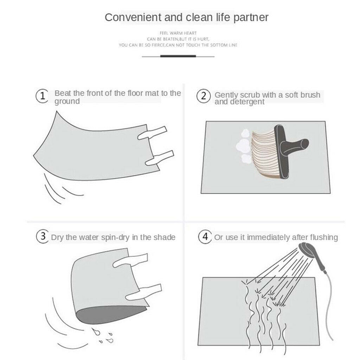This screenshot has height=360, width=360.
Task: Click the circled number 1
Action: pos(42,96)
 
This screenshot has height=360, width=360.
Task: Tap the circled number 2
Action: pos(204,96)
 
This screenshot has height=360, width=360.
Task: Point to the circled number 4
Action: pos(205,237)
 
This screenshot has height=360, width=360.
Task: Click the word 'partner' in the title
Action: pos(251,18)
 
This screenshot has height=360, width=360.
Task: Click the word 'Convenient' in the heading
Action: pos(133,18)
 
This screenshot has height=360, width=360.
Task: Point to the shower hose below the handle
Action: pos(329,306)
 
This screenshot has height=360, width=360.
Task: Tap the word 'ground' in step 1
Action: pos(67,102)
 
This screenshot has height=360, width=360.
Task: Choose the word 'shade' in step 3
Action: pos(165,237)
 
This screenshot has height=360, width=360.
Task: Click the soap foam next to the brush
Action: pos(244,146)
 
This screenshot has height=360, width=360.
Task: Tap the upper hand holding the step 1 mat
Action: pos(152,133)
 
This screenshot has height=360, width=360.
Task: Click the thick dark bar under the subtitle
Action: pos(178,56)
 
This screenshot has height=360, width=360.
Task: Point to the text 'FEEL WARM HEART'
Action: pos(178,33)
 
